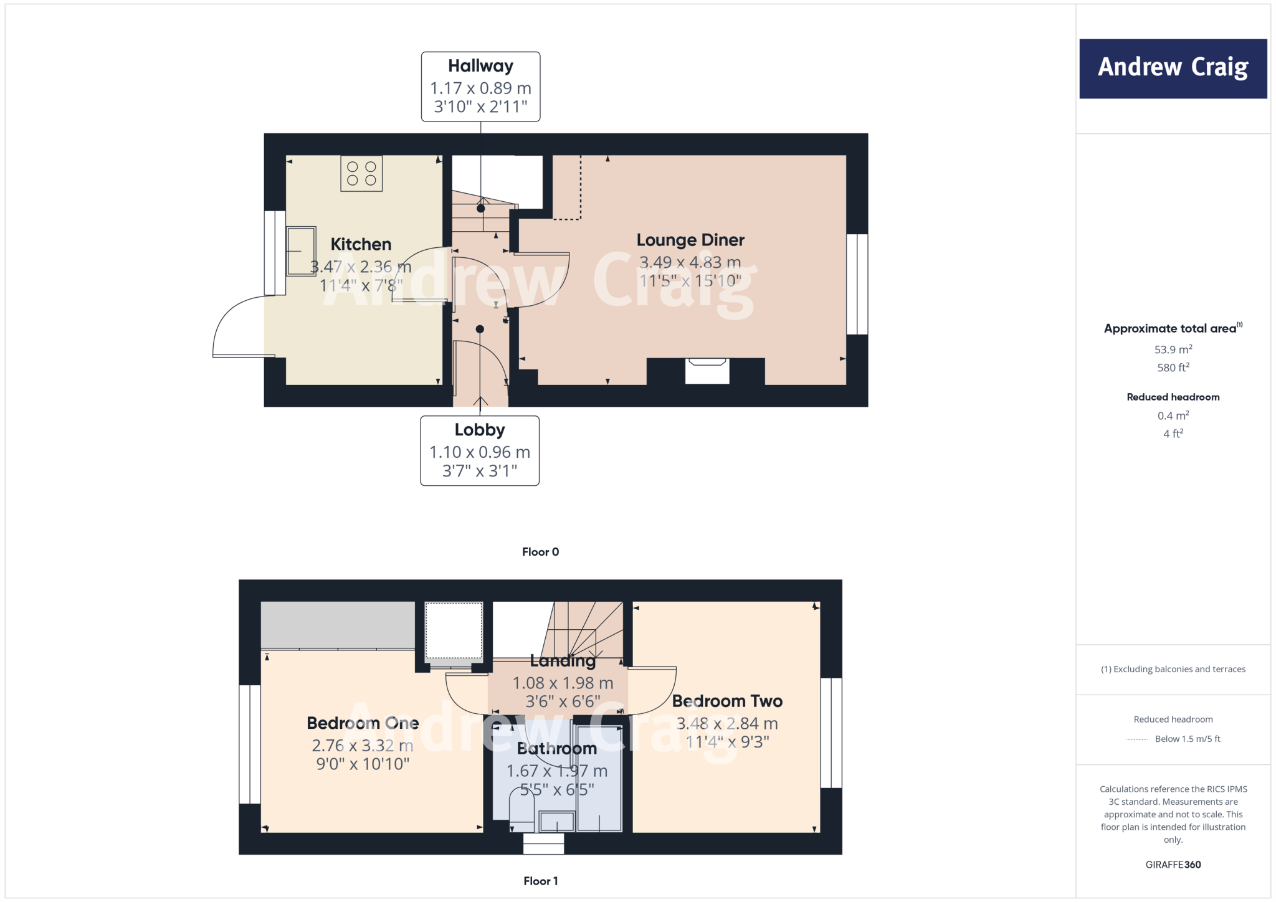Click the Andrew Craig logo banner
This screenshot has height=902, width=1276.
(x=1173, y=69)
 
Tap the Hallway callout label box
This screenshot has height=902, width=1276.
(x=480, y=87)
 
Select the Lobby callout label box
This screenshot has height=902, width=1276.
(x=480, y=450)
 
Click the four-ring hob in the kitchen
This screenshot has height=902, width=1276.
(x=361, y=174)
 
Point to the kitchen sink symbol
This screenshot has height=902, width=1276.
(x=301, y=251)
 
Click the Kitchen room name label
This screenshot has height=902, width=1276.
(x=361, y=244)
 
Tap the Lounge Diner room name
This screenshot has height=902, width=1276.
(x=690, y=240)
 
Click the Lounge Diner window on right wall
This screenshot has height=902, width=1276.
(x=857, y=284)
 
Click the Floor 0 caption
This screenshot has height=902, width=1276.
(x=540, y=552)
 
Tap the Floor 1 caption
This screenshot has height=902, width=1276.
(x=540, y=881)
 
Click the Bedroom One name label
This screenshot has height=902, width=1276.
(x=363, y=723)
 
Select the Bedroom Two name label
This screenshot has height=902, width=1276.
(x=727, y=701)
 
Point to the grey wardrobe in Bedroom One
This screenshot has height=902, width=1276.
(x=338, y=625)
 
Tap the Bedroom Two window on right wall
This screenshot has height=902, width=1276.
(x=831, y=733)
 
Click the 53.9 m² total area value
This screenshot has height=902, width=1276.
(x=1173, y=349)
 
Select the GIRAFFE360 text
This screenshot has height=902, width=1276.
(x=1173, y=865)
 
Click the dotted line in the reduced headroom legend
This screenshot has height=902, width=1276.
(x=1137, y=739)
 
